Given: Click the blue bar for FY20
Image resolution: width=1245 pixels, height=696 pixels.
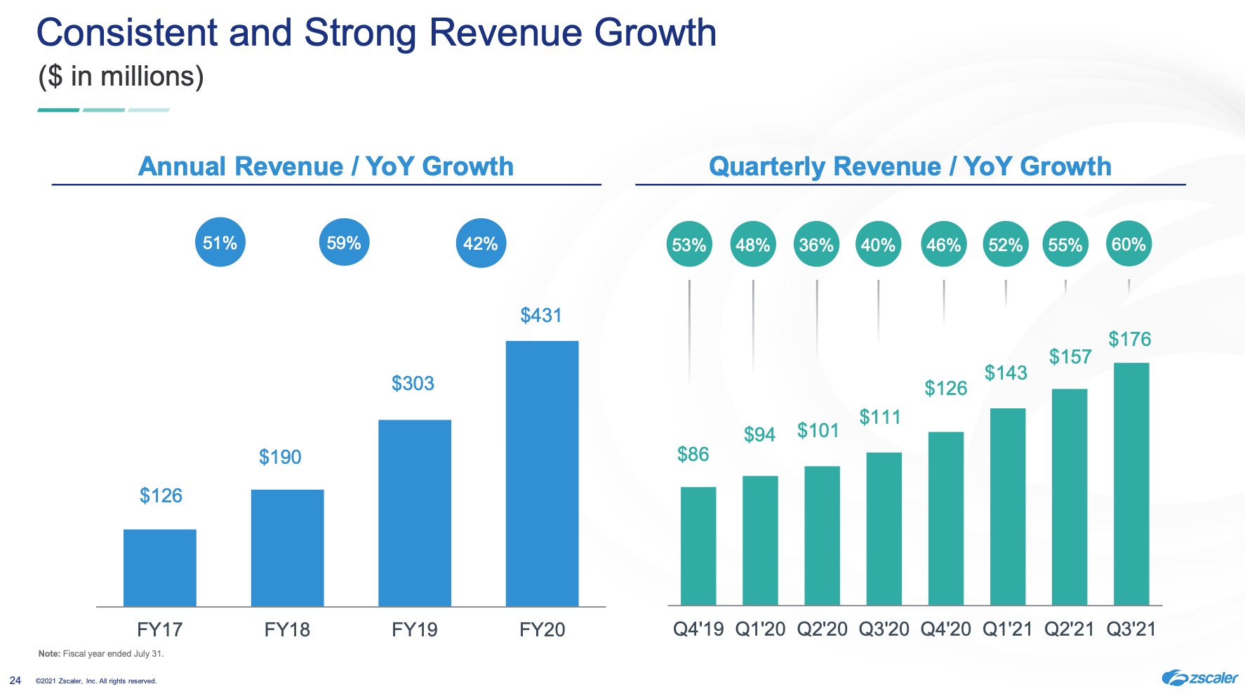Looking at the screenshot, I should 542,474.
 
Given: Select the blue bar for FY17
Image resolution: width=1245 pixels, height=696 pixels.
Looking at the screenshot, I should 160,568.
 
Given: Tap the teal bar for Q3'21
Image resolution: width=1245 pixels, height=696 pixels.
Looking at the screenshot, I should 1131,484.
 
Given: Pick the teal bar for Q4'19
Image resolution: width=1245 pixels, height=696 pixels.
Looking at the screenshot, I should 698,546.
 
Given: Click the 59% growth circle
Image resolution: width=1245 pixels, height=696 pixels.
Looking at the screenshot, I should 344,243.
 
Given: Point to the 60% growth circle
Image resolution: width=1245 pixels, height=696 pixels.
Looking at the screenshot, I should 1129,244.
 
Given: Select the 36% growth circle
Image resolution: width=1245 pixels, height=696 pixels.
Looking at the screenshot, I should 816,245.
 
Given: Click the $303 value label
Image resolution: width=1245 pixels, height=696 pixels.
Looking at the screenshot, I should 413,384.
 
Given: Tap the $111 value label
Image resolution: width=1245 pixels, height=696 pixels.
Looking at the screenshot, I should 880,417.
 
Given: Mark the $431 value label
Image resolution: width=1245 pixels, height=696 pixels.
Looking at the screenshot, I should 541,316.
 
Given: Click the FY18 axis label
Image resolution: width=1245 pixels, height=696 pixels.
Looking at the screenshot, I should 287,629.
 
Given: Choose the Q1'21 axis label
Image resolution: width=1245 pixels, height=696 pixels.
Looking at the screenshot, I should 1007,629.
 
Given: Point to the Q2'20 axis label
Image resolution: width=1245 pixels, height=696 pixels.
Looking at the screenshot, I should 822,629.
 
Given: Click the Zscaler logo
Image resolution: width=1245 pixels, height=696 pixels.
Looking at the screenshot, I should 1199,678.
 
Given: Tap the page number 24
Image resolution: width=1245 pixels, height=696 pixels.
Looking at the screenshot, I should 15,681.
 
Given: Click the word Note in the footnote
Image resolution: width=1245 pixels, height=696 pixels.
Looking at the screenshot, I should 48,654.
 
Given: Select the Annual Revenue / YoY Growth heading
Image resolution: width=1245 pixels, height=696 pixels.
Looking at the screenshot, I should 326,166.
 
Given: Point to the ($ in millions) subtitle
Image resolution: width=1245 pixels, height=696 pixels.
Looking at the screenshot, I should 121,76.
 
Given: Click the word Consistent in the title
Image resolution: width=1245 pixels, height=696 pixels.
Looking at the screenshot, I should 127,33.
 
